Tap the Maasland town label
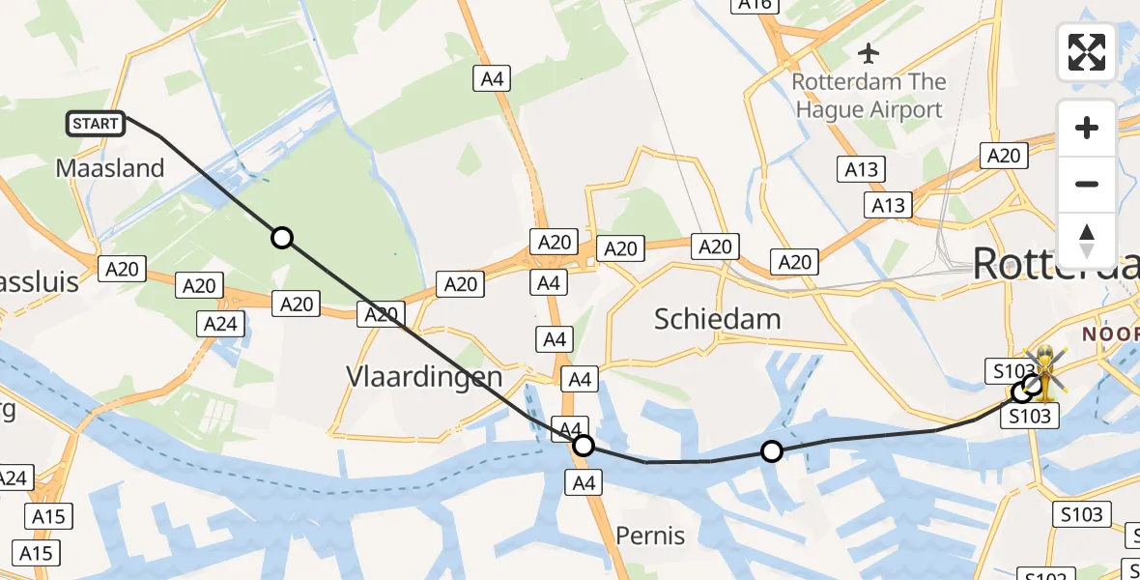click(110, 167)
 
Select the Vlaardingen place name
click(425, 376)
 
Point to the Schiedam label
click(717, 318)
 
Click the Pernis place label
click(650, 536)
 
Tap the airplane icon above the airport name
click(869, 50)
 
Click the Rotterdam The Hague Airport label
click(868, 95)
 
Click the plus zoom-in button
click(1087, 128)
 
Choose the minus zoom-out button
click(1087, 184)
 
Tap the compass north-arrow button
click(1087, 240)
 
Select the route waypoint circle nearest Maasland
click(281, 238)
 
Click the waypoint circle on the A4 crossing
click(583, 446)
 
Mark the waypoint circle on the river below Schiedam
click(771, 450)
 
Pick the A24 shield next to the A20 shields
click(220, 324)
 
